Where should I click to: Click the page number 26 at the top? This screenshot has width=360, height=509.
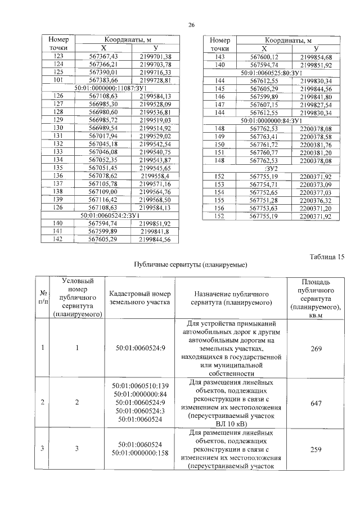[x=191, y=25]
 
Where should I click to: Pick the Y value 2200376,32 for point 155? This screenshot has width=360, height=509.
[x=316, y=200]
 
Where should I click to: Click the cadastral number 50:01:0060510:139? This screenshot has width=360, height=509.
[x=141, y=385]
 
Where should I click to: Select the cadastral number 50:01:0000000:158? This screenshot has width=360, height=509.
[x=141, y=453]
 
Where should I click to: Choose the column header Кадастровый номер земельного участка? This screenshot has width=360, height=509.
[x=139, y=298]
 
